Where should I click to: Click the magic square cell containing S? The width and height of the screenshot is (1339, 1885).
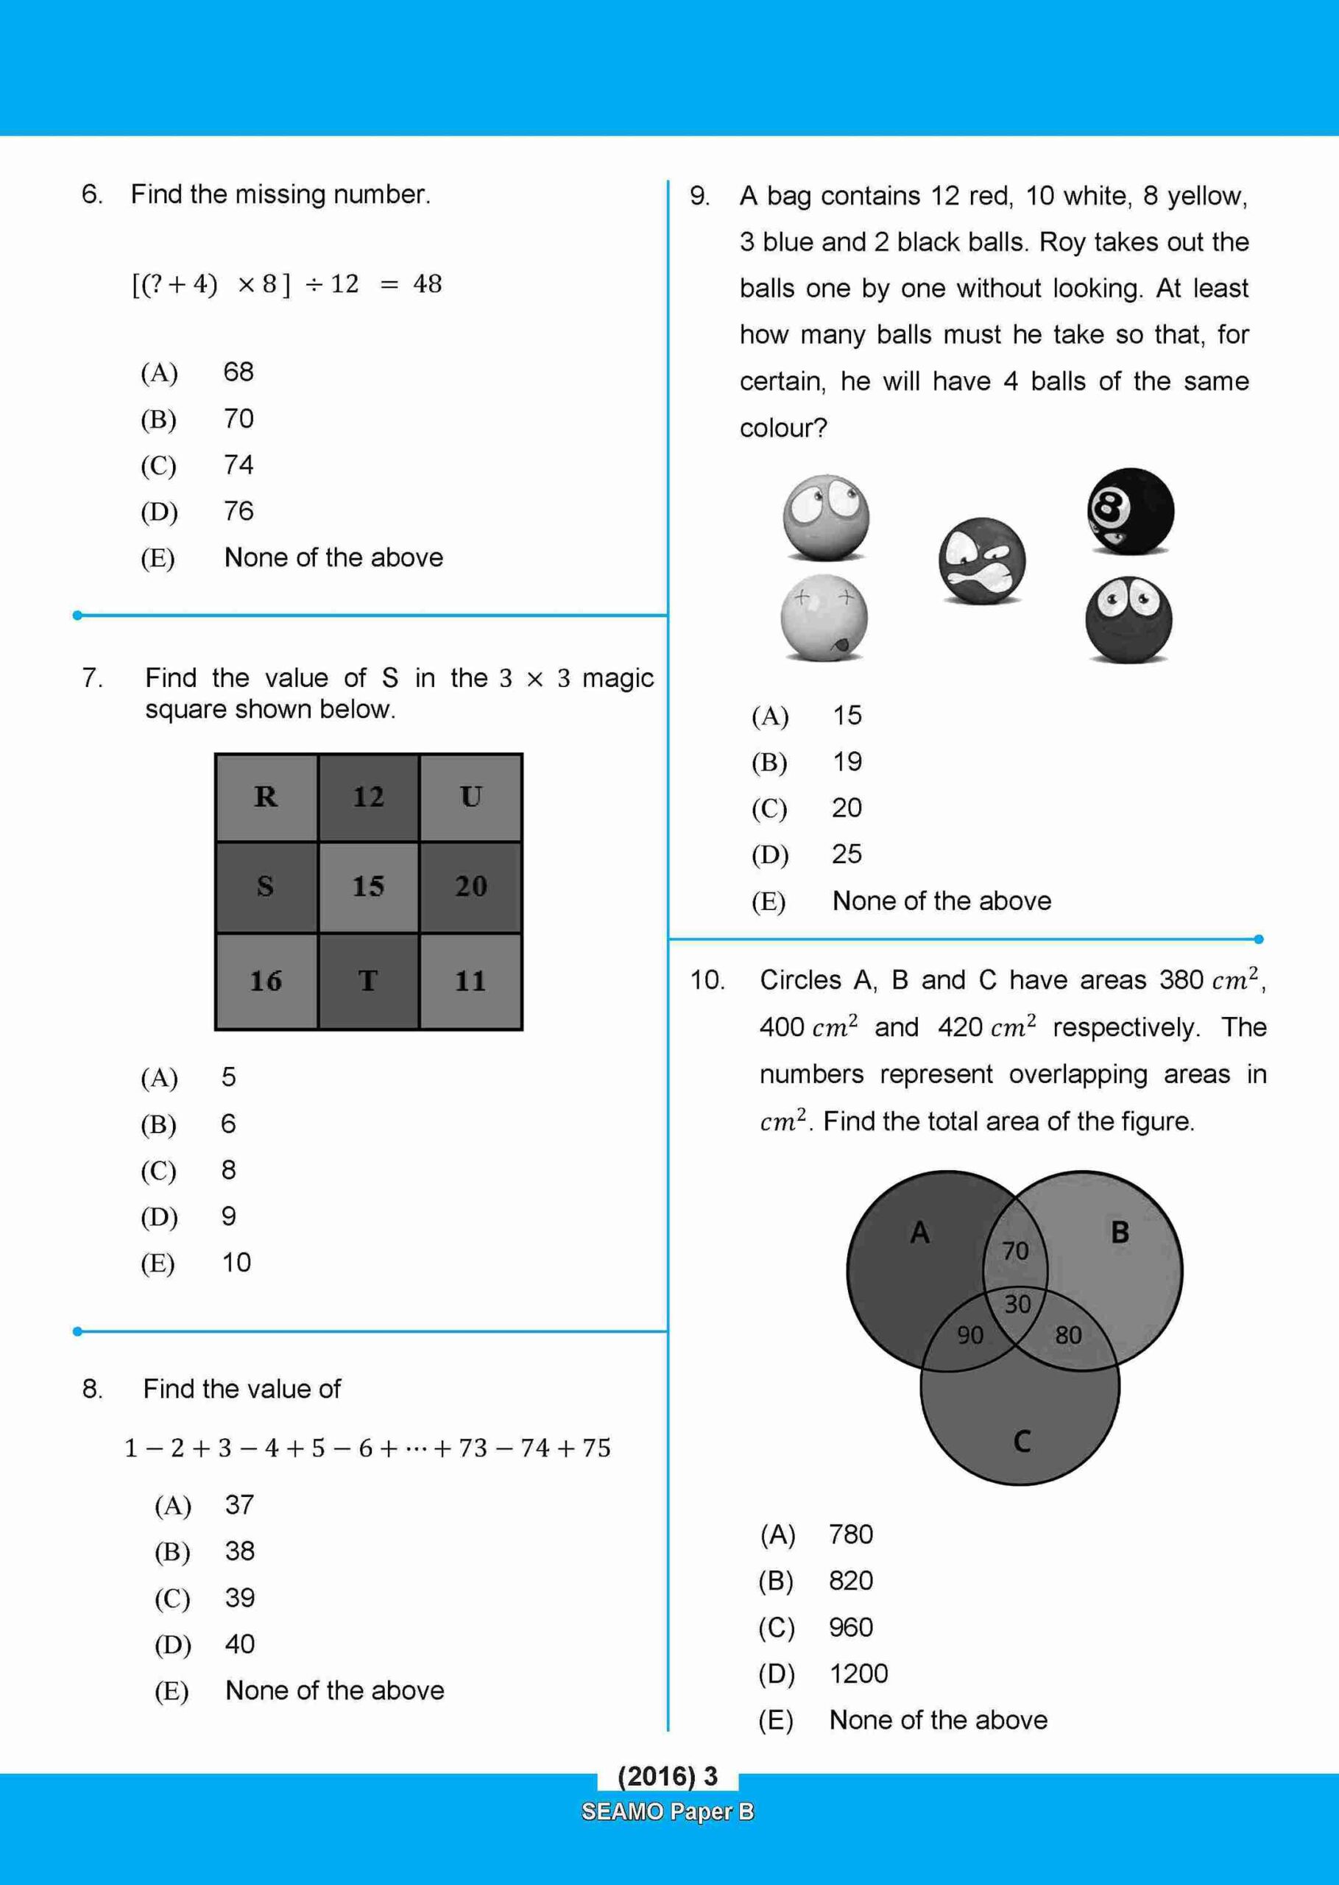pos(266,887)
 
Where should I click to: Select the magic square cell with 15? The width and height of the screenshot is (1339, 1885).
pos(369,887)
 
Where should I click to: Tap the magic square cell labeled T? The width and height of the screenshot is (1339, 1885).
pos(369,981)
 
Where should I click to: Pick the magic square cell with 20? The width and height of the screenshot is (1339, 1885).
pos(471,887)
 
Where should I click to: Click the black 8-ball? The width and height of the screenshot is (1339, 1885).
pos(1130,511)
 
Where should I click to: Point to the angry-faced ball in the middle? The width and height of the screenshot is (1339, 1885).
pos(981,561)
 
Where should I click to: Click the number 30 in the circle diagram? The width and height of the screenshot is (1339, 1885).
pos(1017,1303)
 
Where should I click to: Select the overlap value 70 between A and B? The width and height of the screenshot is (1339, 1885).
pos(1015,1251)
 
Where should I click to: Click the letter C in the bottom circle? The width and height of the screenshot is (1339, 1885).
pos(1022,1442)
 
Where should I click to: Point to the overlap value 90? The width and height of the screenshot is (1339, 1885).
pos(969,1335)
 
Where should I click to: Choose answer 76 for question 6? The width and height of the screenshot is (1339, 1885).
pos(239,511)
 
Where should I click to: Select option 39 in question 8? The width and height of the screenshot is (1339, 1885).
pos(240,1597)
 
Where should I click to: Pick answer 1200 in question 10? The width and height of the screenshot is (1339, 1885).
pos(858,1673)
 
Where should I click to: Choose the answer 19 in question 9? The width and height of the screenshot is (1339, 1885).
pos(847,761)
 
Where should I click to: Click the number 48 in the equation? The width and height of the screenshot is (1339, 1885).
pos(427,284)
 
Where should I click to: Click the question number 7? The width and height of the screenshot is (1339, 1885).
pos(92,678)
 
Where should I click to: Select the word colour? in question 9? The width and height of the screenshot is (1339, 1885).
pos(782,428)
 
